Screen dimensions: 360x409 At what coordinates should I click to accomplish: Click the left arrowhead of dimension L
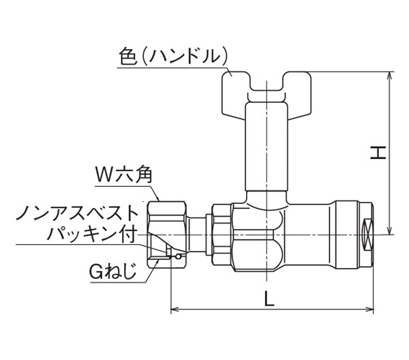tap(175, 310)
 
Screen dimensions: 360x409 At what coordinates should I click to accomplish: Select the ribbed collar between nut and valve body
tap(221, 235)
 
